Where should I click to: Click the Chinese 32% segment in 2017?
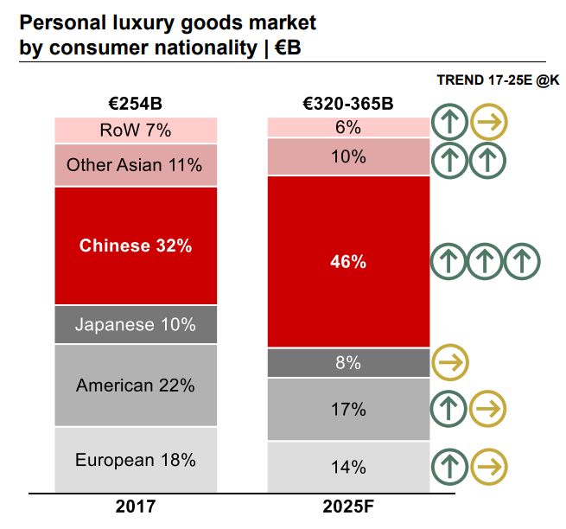click(x=136, y=245)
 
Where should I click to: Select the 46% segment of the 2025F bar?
click(x=348, y=262)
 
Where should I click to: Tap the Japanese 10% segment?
click(x=136, y=325)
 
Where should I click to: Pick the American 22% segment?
click(x=136, y=386)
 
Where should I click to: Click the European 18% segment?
click(x=136, y=460)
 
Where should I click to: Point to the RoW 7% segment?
click(x=136, y=131)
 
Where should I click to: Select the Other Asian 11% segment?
click(x=136, y=164)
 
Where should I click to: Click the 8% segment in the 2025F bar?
click(x=348, y=363)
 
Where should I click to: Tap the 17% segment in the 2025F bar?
click(x=348, y=409)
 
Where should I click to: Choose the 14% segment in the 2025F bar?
click(x=348, y=467)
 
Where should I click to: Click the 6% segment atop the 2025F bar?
click(x=348, y=127)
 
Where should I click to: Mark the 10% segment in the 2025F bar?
click(x=348, y=157)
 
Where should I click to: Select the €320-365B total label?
click(x=348, y=105)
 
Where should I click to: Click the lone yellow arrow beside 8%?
click(x=449, y=363)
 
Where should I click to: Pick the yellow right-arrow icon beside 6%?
click(x=489, y=124)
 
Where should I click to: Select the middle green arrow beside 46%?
click(x=485, y=262)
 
